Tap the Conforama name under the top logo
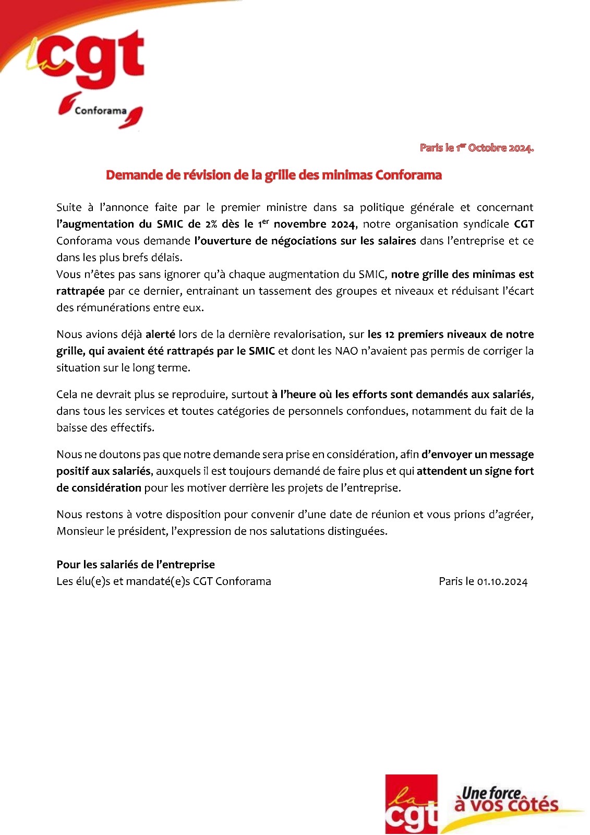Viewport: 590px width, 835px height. (x=100, y=111)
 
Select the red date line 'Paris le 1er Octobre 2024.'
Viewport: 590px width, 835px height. (x=476, y=148)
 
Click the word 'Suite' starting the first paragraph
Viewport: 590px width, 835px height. (x=69, y=207)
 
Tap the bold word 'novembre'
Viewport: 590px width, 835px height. (x=299, y=224)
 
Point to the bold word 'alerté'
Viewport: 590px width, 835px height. (x=160, y=334)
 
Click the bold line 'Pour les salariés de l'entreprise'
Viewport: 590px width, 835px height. (x=136, y=564)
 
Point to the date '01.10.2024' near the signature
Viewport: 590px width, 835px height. (x=502, y=581)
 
